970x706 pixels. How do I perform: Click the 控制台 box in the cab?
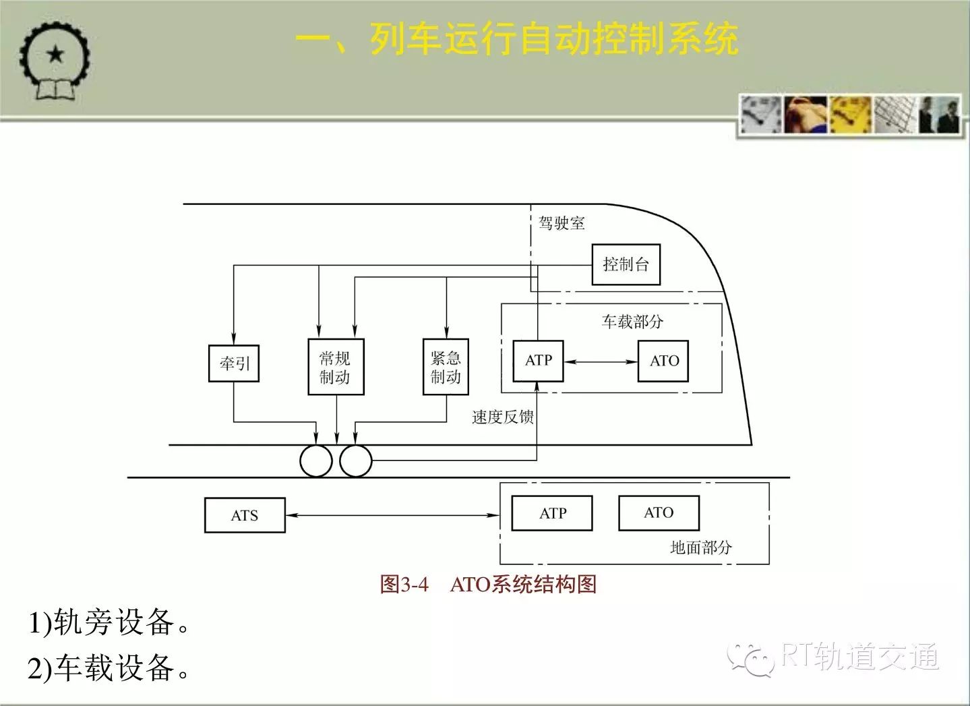click(x=626, y=264)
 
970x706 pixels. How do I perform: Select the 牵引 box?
click(x=234, y=363)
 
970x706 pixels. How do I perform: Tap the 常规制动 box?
click(x=336, y=367)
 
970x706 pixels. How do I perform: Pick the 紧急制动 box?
click(x=446, y=367)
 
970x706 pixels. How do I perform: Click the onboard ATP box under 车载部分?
click(x=539, y=361)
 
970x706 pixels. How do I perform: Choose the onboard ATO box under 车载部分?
click(x=663, y=361)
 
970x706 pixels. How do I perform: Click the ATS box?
click(x=245, y=515)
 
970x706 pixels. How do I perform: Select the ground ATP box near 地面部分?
click(x=551, y=513)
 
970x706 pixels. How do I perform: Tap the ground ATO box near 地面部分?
click(x=659, y=513)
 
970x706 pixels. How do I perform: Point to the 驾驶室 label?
click(x=562, y=223)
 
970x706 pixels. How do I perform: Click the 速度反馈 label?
click(x=503, y=417)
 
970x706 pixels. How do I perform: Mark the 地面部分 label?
click(x=701, y=548)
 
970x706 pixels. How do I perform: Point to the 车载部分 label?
click(x=632, y=322)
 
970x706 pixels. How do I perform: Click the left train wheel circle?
click(x=316, y=461)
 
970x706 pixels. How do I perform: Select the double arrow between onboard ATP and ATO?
click(x=601, y=361)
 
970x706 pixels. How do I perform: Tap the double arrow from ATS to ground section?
click(x=393, y=515)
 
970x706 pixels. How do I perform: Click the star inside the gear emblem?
click(x=55, y=55)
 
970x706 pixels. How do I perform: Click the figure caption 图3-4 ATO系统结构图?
click(x=488, y=585)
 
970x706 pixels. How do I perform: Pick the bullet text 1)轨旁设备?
click(x=109, y=622)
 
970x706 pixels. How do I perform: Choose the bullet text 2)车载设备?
click(x=109, y=668)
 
